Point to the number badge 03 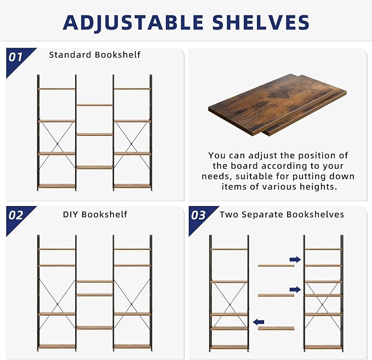click(198, 215)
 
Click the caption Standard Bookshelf click(95, 55)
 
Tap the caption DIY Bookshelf click(95, 214)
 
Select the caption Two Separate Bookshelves click(282, 214)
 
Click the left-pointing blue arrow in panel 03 click(259, 322)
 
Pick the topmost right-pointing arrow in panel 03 click(295, 259)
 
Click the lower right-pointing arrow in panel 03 click(295, 289)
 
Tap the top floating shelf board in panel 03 click(276, 265)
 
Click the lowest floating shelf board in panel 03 click(276, 328)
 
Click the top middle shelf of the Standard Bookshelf click(94, 104)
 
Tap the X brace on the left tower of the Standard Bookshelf click(56, 137)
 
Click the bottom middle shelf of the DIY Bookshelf click(94, 328)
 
